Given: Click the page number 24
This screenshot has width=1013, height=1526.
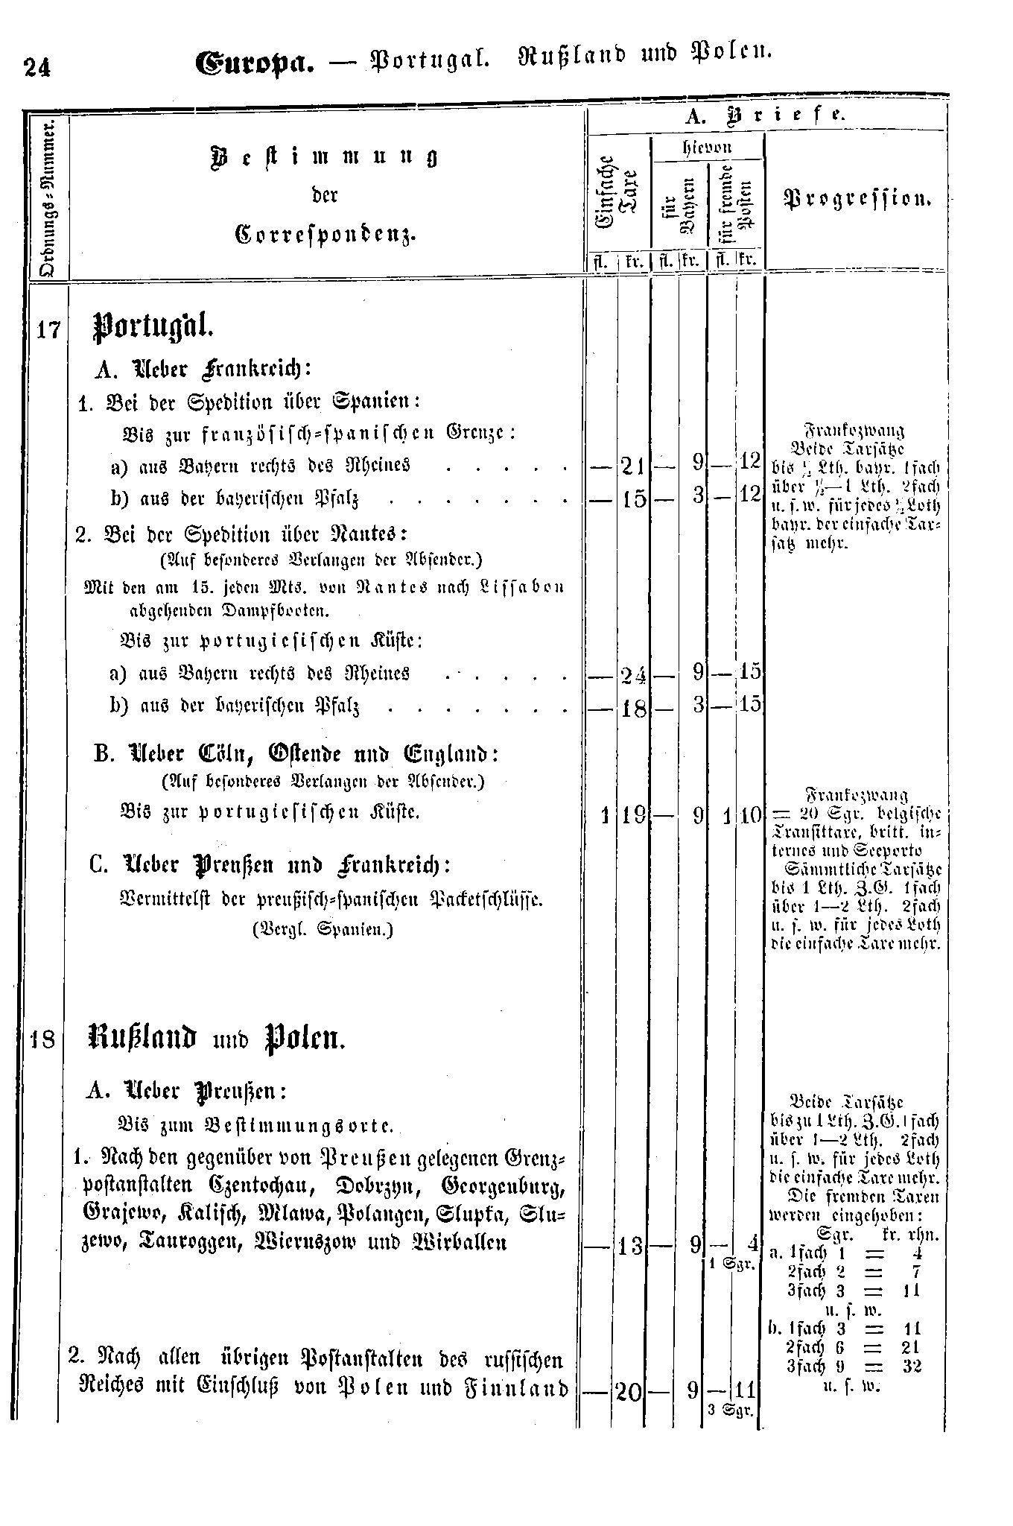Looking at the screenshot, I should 36,68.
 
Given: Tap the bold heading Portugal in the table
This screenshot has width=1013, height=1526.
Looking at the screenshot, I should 152,327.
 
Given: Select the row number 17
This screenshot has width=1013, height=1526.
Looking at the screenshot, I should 48,328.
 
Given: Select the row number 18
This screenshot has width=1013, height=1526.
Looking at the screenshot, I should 44,1038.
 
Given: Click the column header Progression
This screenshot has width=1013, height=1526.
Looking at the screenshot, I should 857,198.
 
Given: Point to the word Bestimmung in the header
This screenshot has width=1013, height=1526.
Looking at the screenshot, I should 324,156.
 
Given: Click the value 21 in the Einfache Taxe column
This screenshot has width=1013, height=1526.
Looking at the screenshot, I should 633,467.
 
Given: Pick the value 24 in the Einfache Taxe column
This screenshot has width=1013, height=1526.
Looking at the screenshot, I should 633,674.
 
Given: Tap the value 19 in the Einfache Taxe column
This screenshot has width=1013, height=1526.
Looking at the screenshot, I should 633,815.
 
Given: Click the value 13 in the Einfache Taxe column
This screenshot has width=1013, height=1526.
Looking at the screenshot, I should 631,1245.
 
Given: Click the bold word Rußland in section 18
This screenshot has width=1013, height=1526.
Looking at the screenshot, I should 142,1039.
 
